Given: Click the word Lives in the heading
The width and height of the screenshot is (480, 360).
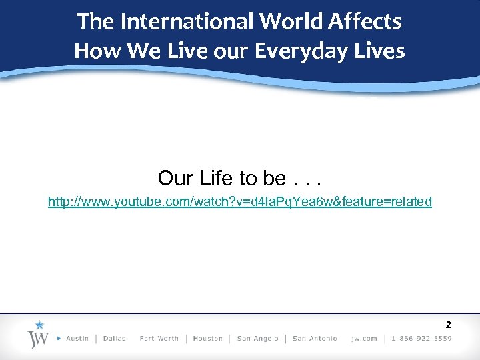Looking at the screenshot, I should [x=380, y=51].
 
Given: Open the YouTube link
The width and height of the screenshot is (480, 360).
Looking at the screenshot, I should [x=240, y=201].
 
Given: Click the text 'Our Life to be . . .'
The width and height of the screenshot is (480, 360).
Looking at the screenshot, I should [x=239, y=178].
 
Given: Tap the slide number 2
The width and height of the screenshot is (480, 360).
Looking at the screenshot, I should [x=448, y=325].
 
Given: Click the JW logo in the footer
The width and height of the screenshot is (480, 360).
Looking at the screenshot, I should [x=39, y=338].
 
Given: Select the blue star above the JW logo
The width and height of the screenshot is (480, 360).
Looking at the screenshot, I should [x=39, y=325].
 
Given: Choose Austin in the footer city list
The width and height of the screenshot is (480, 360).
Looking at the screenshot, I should [x=77, y=339].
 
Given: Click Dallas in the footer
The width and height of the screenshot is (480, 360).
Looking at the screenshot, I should [x=115, y=339].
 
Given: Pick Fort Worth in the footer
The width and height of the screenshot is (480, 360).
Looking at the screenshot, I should [x=159, y=339].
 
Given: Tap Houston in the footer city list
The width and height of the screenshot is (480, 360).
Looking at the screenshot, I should [x=208, y=339].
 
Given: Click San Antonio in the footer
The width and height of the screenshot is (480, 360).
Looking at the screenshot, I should [x=315, y=339].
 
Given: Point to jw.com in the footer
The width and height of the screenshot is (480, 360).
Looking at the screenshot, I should [x=365, y=339].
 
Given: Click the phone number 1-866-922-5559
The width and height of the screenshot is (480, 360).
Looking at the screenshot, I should [x=421, y=339].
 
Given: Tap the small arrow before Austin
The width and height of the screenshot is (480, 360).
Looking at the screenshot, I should [x=60, y=339].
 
